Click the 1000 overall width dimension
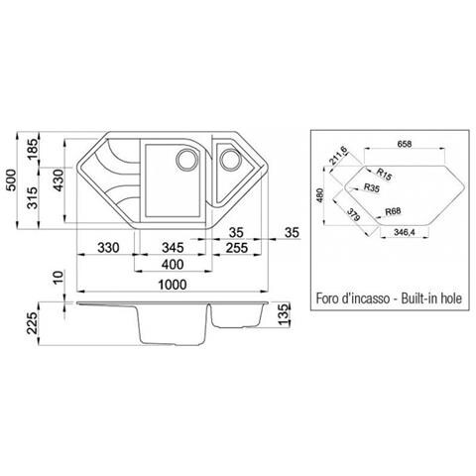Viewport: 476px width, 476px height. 173,285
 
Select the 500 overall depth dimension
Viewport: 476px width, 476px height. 12,180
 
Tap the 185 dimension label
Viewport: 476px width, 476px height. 33,149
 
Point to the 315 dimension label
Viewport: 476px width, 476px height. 33,197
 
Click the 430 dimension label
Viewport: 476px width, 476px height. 59,180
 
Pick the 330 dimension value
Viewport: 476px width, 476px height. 108,248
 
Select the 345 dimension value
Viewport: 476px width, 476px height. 173,248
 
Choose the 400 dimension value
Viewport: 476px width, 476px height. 173,265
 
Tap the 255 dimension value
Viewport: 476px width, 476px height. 237,248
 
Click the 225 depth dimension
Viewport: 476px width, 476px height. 32,323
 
